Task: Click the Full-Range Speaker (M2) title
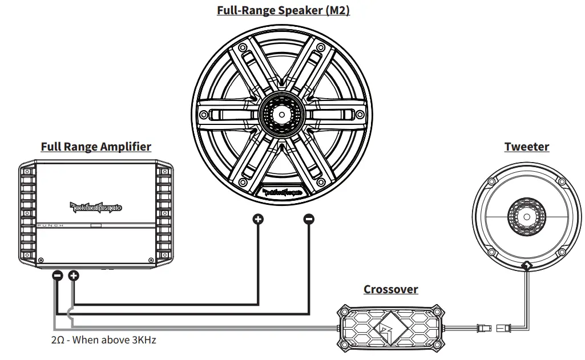tap(283, 10)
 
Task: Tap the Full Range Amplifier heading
tap(96, 147)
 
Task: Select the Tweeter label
tap(526, 147)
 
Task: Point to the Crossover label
tap(390, 289)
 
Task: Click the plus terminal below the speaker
tap(258, 219)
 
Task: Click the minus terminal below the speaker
tap(309, 219)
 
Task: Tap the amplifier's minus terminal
tap(57, 276)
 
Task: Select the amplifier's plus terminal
tap(73, 276)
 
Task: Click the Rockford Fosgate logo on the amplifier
tap(96, 207)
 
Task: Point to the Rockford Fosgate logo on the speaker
tap(283, 193)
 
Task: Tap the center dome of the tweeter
tap(526, 217)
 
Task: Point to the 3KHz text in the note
tap(143, 340)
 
